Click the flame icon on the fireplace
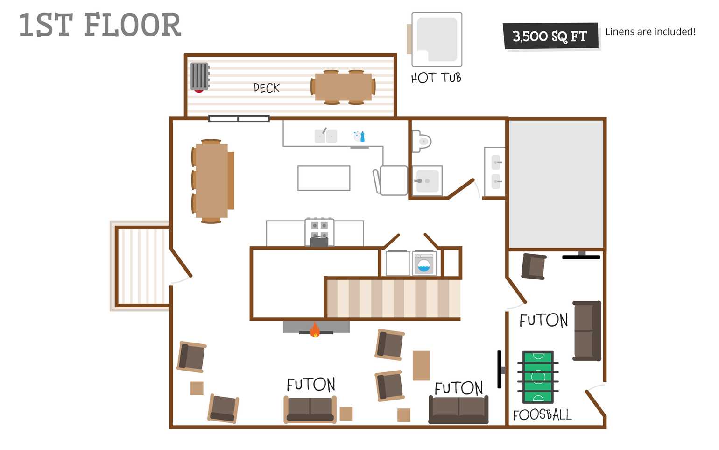point(315,330)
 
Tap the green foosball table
point(538,377)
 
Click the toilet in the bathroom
point(422,141)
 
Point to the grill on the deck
point(200,77)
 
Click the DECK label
point(266,88)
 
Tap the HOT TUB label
point(436,78)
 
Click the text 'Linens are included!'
point(650,31)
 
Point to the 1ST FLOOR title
point(100,25)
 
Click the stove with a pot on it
point(319,232)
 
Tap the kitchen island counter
point(324,178)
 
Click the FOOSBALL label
point(542,414)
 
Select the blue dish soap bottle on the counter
point(362,136)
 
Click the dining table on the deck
point(343,87)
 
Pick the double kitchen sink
point(326,136)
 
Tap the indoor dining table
point(212,181)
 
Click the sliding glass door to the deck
point(239,119)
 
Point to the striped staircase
point(394,299)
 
